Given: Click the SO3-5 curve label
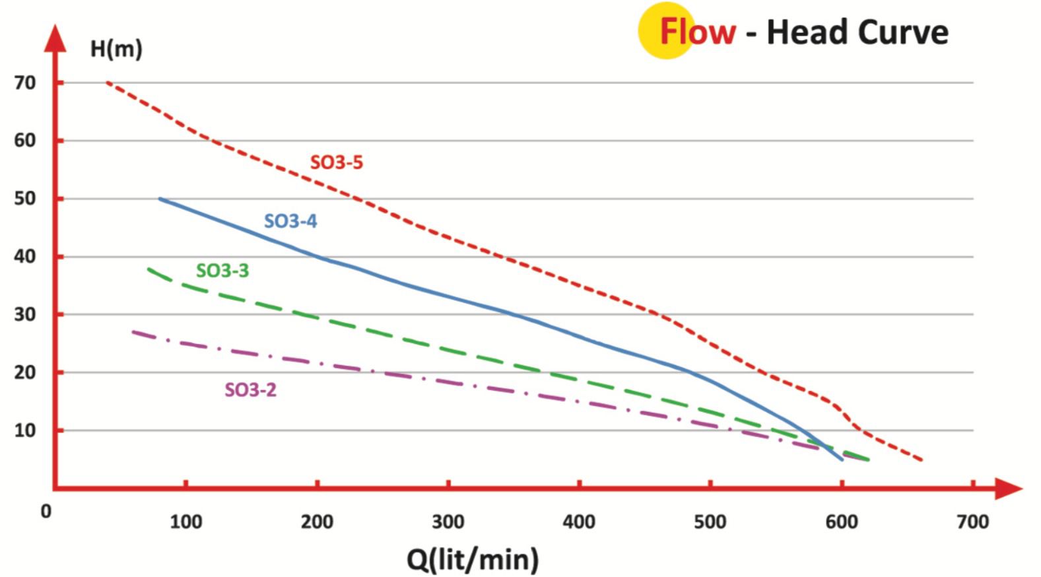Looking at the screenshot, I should (337, 162).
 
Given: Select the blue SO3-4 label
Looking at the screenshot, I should (290, 221).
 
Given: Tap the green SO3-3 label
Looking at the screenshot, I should (222, 271).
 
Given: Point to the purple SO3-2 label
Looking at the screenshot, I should (251, 390).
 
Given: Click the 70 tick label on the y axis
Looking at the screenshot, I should (26, 83).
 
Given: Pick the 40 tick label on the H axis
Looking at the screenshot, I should (26, 257).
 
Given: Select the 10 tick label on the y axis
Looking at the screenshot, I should (26, 430).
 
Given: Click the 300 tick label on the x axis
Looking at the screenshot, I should (448, 522).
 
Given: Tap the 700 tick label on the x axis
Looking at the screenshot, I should (973, 522).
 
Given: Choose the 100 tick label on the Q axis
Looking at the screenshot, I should (186, 522).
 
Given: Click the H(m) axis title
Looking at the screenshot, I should (116, 49).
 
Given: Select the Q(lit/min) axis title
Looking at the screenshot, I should (473, 559).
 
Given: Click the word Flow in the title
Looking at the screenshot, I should (698, 32).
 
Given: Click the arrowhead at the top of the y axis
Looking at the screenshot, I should (55, 38).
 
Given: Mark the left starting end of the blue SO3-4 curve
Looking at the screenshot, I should (160, 199).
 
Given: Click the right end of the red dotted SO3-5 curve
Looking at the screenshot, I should (921, 459).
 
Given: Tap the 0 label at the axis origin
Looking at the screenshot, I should (46, 512).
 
